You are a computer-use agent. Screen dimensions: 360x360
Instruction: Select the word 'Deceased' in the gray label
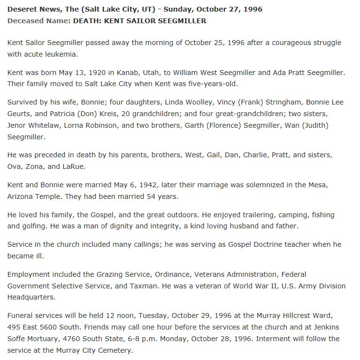coord(24,21)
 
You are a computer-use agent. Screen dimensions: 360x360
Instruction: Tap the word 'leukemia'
coord(62,54)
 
